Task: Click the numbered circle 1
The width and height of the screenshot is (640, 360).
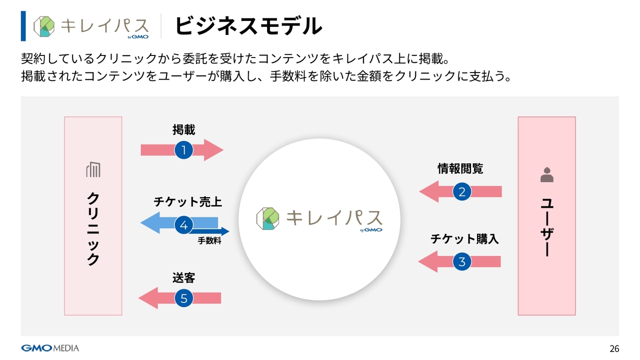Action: (x=183, y=150)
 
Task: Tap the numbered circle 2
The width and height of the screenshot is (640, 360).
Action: (x=462, y=191)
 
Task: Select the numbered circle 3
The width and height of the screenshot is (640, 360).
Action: (x=462, y=261)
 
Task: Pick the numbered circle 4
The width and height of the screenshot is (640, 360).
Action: (x=183, y=225)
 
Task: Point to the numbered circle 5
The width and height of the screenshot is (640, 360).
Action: (x=183, y=298)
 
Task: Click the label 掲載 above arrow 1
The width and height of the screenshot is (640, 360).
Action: (x=183, y=129)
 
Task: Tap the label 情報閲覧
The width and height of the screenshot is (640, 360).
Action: (x=460, y=168)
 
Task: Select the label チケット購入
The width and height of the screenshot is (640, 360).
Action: (x=464, y=239)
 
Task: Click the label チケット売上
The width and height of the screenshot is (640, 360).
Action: (x=187, y=201)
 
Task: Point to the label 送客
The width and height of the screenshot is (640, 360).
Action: (x=183, y=277)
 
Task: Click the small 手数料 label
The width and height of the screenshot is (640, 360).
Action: (x=209, y=240)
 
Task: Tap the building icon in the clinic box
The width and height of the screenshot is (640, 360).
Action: (x=93, y=169)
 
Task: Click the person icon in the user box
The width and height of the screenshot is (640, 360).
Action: (x=547, y=174)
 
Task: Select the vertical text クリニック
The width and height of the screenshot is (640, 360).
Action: (x=93, y=229)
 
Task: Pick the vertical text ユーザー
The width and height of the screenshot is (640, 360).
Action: (x=547, y=227)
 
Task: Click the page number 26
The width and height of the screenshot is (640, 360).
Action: (x=614, y=348)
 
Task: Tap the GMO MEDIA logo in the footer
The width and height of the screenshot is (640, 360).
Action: (x=50, y=348)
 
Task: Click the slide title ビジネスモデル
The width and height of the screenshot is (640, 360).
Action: (x=248, y=26)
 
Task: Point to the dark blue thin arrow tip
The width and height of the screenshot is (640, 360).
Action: (x=229, y=231)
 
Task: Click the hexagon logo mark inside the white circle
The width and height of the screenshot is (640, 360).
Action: (x=267, y=218)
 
